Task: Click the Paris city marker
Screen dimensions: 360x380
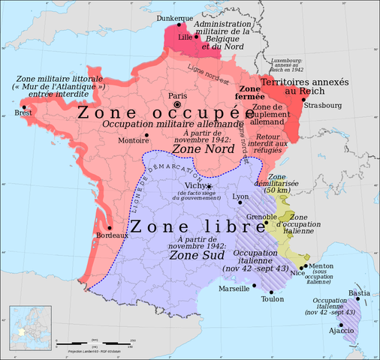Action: pyautogui.click(x=187, y=105)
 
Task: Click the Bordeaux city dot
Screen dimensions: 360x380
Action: pyautogui.click(x=109, y=227)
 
